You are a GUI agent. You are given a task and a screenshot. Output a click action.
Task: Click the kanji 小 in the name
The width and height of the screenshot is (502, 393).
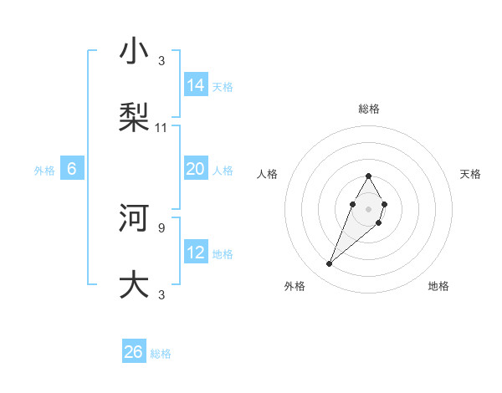[134, 54]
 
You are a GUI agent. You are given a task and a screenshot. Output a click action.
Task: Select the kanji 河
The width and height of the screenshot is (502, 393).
[134, 219]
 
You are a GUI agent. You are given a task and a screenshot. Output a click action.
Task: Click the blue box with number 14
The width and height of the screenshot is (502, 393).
[196, 85]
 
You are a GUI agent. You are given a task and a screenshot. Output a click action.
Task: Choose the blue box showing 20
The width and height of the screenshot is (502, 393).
[196, 169]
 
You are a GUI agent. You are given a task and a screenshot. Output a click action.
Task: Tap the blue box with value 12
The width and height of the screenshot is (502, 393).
[196, 253]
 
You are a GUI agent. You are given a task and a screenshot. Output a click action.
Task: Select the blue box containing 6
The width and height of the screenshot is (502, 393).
[72, 169]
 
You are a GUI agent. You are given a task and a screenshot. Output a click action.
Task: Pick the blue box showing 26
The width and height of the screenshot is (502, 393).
[134, 352]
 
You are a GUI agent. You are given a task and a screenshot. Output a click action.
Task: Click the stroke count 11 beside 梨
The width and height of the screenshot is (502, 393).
[161, 128]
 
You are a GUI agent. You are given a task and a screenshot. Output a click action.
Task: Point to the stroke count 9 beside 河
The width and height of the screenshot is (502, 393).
[161, 227]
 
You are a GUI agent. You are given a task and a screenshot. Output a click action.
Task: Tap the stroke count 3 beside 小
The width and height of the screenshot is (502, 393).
[161, 61]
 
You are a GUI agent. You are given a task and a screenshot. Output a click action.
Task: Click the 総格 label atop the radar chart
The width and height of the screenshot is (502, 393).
[369, 109]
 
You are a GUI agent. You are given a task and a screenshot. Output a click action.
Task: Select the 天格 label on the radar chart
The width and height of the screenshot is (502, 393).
[470, 174]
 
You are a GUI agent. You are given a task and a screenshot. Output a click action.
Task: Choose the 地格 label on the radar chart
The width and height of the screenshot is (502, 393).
[438, 286]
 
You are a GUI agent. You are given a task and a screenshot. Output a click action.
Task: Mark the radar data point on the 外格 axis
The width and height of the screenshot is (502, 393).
[329, 264]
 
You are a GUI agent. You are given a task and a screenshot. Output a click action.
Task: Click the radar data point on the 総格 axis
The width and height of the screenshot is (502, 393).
[368, 176]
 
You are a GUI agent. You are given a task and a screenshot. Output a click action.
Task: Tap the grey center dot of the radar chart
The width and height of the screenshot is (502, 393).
[368, 207]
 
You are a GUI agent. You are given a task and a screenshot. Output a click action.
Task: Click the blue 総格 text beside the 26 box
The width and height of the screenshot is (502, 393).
[161, 354]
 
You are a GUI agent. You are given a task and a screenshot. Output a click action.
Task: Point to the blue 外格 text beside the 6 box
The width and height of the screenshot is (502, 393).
[44, 170]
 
